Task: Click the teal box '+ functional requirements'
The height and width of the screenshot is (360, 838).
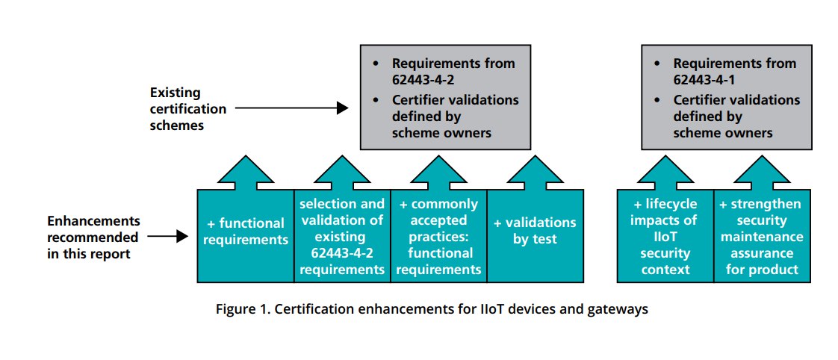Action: (x=245, y=232)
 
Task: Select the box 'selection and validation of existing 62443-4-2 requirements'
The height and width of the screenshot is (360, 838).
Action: (x=341, y=236)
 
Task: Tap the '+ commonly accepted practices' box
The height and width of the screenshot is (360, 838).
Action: (x=438, y=236)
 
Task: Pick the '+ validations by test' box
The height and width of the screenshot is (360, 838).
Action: (x=535, y=232)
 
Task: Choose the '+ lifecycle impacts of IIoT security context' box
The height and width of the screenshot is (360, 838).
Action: (x=665, y=236)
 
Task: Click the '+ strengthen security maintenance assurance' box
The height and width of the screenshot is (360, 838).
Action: (x=760, y=236)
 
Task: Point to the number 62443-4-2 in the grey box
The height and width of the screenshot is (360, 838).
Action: (x=424, y=80)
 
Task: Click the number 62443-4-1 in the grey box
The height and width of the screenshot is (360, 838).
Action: (x=705, y=80)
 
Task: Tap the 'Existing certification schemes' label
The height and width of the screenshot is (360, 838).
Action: (x=187, y=109)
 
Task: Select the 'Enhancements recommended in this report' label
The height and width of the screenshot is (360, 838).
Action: (x=93, y=237)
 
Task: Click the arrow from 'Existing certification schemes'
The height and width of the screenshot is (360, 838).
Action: (x=291, y=108)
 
